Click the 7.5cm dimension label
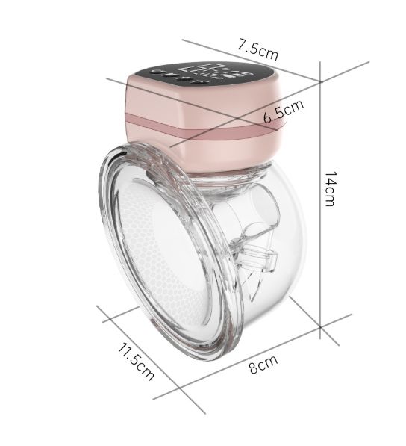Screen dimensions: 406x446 (257, 50)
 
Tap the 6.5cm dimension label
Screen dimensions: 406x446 (284, 111)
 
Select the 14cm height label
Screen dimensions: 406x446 (331, 188)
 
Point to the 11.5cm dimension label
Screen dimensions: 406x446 (137, 362)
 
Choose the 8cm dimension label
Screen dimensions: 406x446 (263, 365)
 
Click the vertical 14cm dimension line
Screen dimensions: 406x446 (320, 200)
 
